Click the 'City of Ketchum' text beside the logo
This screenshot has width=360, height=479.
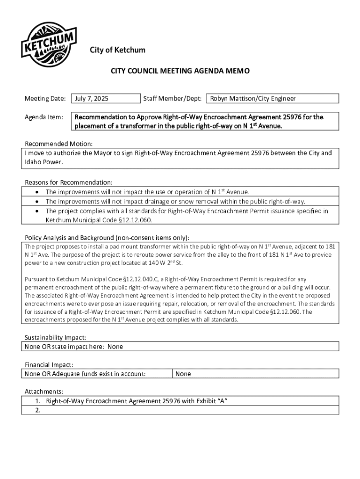point(117,50)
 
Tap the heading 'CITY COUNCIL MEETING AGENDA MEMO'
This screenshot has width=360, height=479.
point(180,71)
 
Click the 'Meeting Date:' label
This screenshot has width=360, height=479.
point(45,99)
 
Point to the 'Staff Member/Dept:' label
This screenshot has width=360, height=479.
point(172,99)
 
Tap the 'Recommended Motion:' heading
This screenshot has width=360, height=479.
point(58,144)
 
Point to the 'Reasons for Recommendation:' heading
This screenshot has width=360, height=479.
point(68,182)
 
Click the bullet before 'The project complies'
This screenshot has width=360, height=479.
point(37,211)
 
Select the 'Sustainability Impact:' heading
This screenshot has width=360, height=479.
point(55,337)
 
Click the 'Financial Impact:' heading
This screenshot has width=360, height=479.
point(49,364)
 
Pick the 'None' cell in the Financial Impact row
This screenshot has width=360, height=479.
point(183,374)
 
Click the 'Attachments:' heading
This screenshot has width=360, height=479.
point(43,391)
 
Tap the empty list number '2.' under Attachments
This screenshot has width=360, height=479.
point(38,410)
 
